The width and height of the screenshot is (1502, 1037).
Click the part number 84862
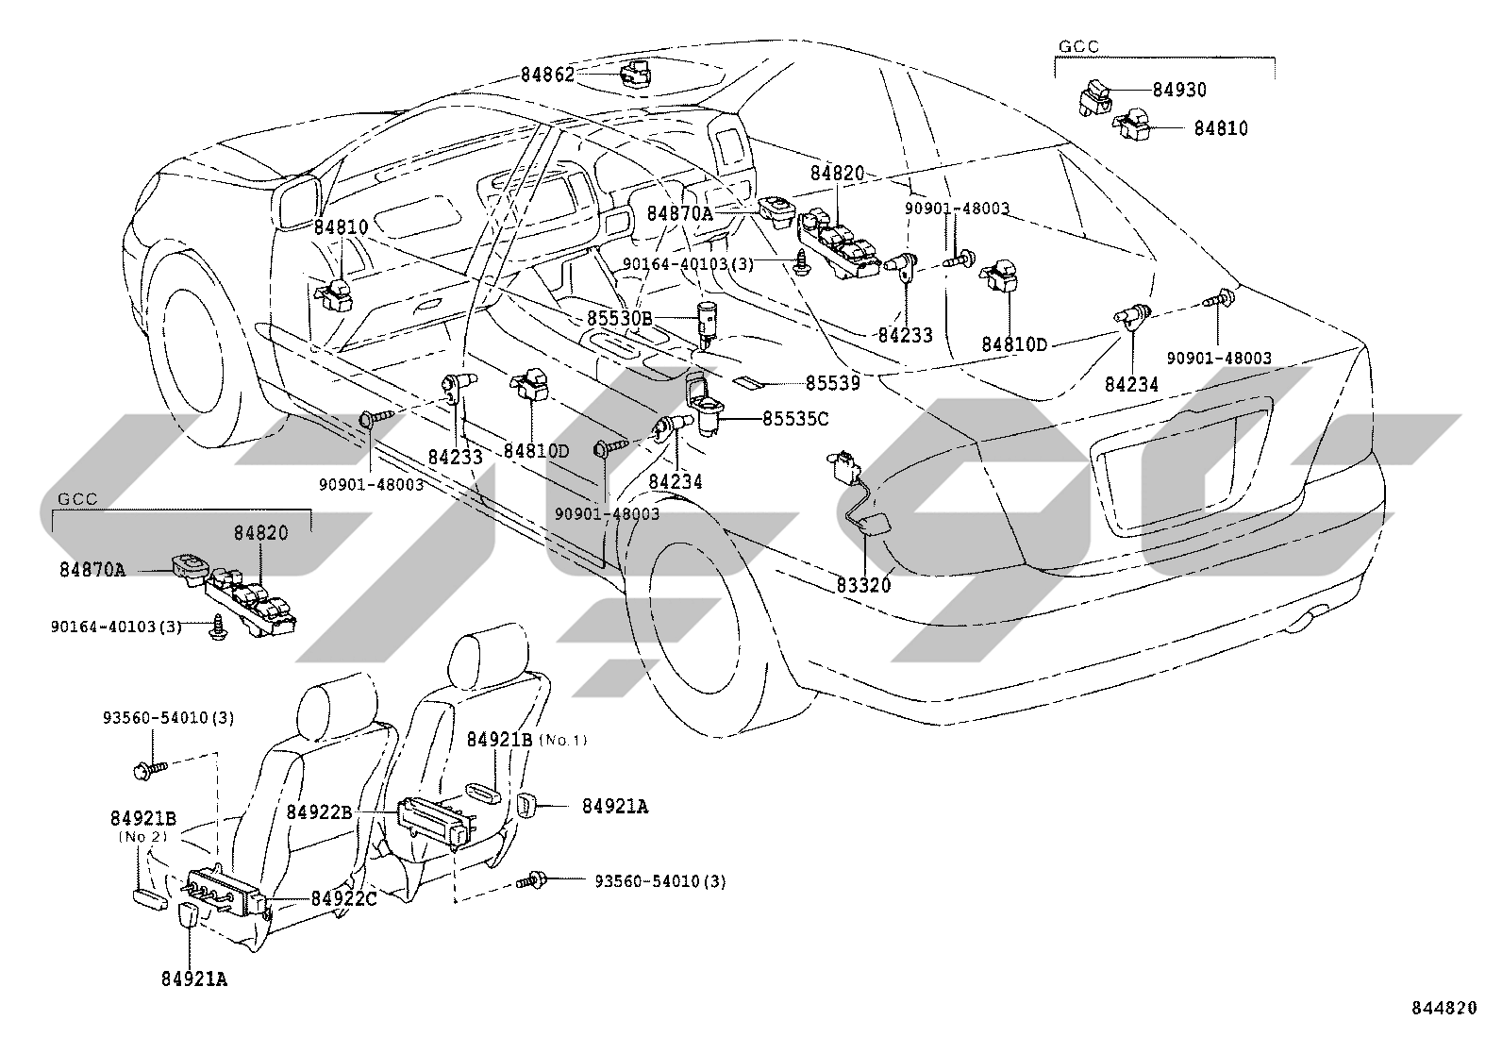tap(547, 75)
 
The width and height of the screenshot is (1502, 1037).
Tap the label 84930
tap(1179, 90)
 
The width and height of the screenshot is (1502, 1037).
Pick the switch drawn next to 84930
tap(1095, 96)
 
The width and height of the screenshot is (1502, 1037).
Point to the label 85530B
tap(620, 318)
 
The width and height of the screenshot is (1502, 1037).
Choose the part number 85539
tap(832, 383)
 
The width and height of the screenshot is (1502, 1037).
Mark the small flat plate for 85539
tap(747, 383)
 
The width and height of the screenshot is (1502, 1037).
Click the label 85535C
tap(795, 419)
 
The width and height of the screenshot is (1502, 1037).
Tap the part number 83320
tap(863, 585)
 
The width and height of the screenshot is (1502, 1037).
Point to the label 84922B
tap(319, 812)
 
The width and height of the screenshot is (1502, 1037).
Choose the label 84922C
tap(344, 899)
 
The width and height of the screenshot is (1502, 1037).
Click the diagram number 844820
tap(1444, 1008)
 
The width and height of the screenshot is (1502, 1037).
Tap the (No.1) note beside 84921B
tap(562, 740)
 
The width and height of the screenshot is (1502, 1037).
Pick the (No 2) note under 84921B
tap(142, 836)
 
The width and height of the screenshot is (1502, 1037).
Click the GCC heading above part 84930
tap(1079, 46)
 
